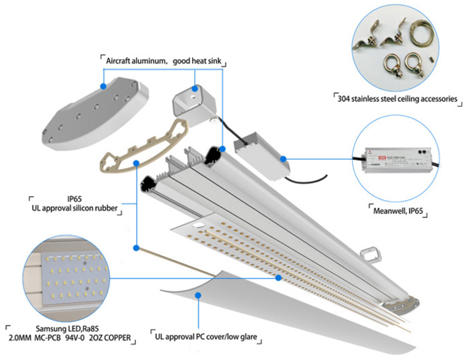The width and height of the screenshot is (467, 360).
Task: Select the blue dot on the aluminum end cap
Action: [x=103, y=85]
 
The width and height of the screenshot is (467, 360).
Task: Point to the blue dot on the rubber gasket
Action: [x=136, y=162]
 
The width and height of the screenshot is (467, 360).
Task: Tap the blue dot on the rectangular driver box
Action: [x=284, y=159]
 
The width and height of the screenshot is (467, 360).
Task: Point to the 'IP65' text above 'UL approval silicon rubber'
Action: [x=74, y=199]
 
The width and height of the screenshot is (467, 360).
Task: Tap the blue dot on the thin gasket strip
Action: [x=136, y=248]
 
